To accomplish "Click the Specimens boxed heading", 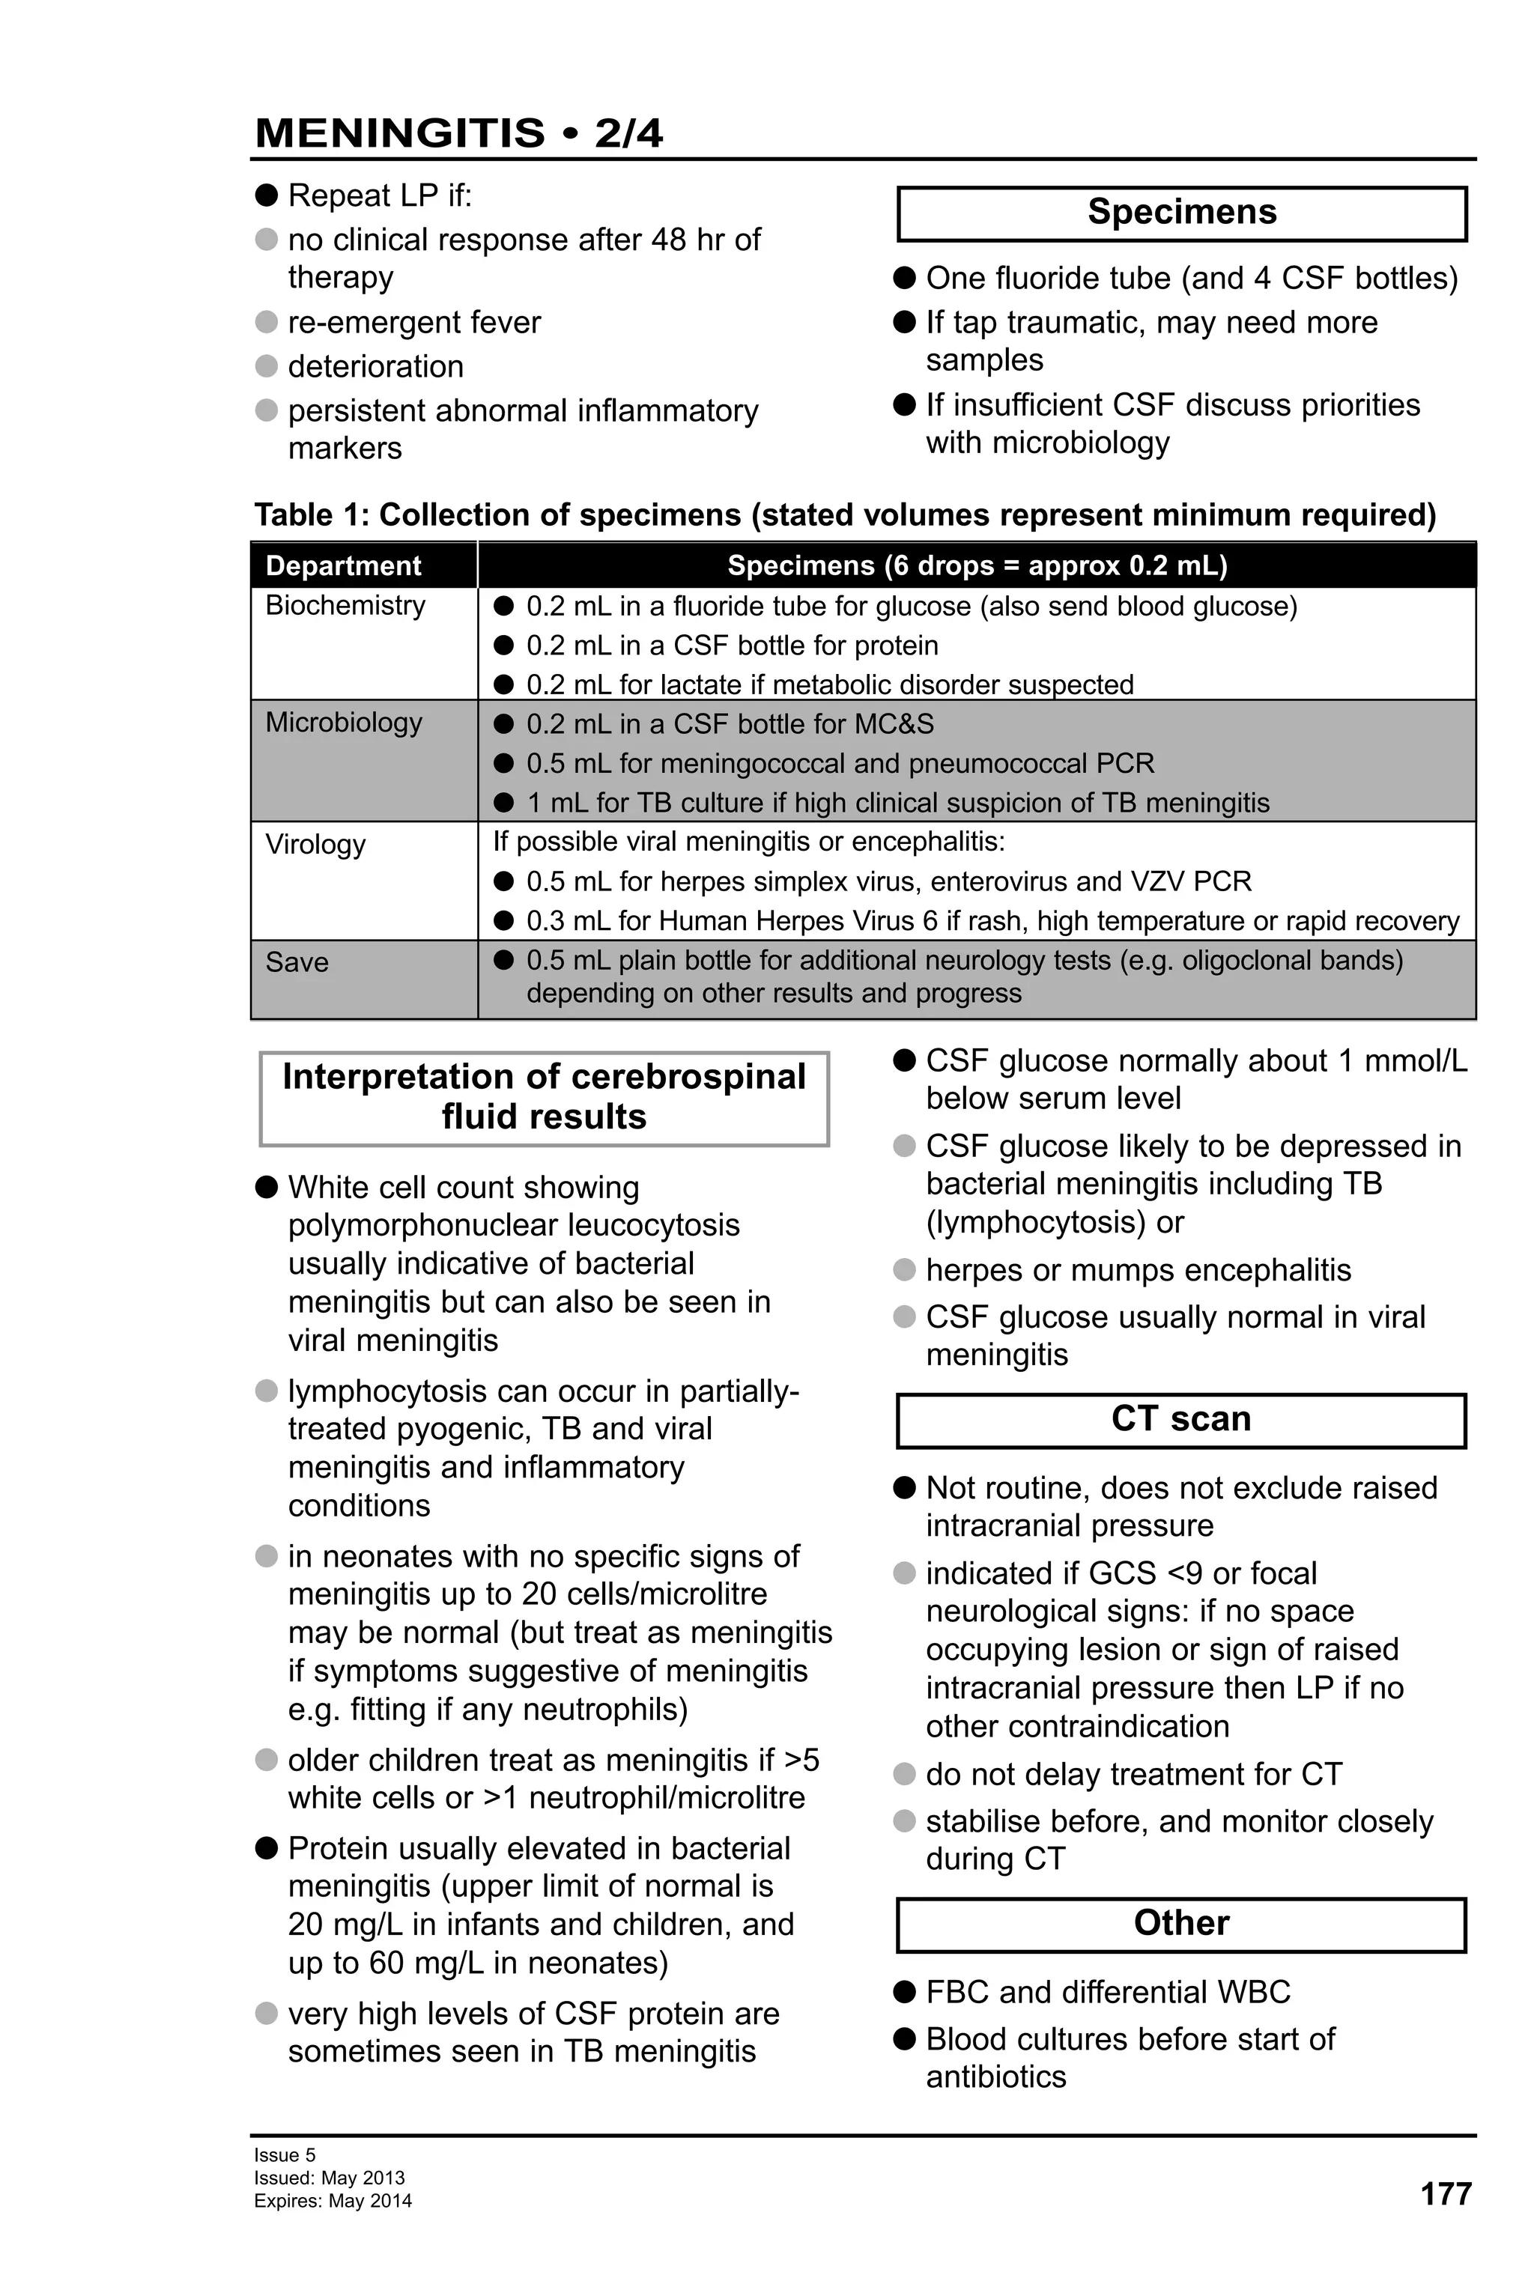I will point(1181,212).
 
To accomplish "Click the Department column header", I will point(343,565).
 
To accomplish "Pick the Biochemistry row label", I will point(345,605).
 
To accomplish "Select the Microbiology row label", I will point(343,723).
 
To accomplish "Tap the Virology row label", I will point(315,844).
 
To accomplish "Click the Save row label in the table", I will point(297,962).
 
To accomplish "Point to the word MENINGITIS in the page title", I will point(400,132).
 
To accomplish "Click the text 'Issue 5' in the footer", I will point(285,2154).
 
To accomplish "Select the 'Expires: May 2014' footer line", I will point(333,2201).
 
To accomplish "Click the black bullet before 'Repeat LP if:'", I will point(267,195).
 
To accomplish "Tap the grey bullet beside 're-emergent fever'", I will point(267,322).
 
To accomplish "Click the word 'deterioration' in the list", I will point(375,367).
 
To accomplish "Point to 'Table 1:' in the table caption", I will point(312,514).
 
